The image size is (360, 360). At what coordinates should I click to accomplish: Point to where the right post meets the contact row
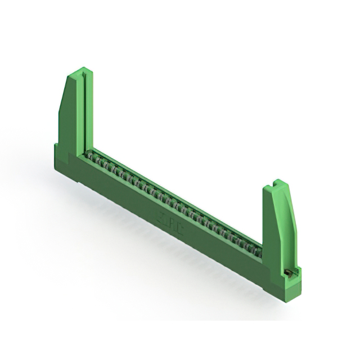click(x=262, y=247)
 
